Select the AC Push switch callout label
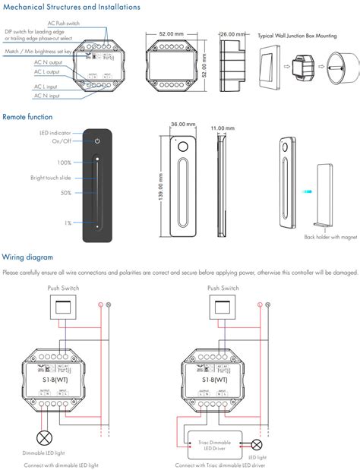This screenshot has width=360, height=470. tap(64, 24)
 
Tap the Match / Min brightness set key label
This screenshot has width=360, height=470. tap(38, 52)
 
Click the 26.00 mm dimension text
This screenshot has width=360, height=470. tap(232, 34)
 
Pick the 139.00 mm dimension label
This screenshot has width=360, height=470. tap(160, 183)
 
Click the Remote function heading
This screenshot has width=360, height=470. tap(27, 117)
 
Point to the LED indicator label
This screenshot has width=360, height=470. tap(55, 133)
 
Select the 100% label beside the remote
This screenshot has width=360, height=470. tap(64, 162)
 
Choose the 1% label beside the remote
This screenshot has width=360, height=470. tap(68, 222)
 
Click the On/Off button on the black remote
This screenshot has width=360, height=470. tap(96, 141)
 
